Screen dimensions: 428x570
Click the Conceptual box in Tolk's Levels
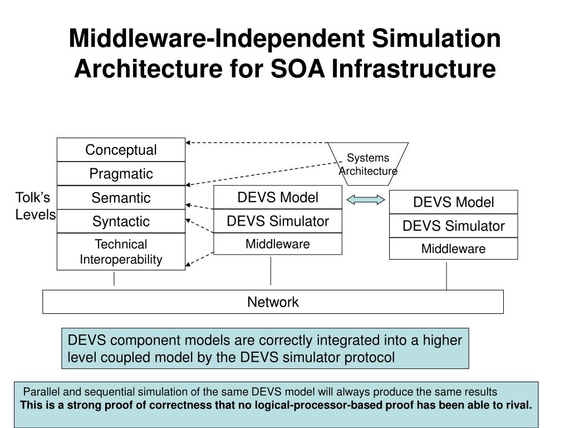pyautogui.click(x=121, y=150)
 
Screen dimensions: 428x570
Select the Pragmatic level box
pyautogui.click(x=121, y=174)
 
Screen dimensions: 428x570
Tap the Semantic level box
pyautogui.click(x=121, y=198)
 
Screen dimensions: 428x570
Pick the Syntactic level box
pyautogui.click(x=121, y=221)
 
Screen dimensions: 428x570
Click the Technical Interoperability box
pyautogui.click(x=121, y=252)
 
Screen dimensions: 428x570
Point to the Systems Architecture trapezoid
pyautogui.click(x=368, y=164)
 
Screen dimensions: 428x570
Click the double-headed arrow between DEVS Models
pyautogui.click(x=365, y=200)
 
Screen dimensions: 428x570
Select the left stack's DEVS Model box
pyautogui.click(x=278, y=197)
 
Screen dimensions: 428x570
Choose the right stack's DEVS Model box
pyautogui.click(x=453, y=202)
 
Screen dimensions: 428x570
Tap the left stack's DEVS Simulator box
pyautogui.click(x=278, y=221)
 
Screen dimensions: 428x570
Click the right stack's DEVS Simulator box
pyautogui.click(x=453, y=226)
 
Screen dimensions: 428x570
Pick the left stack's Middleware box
pyautogui.click(x=278, y=244)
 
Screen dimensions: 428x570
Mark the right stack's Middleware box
pyautogui.click(x=453, y=249)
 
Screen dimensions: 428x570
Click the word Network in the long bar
pyautogui.click(x=273, y=302)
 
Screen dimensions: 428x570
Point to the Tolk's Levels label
pyautogui.click(x=35, y=206)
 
